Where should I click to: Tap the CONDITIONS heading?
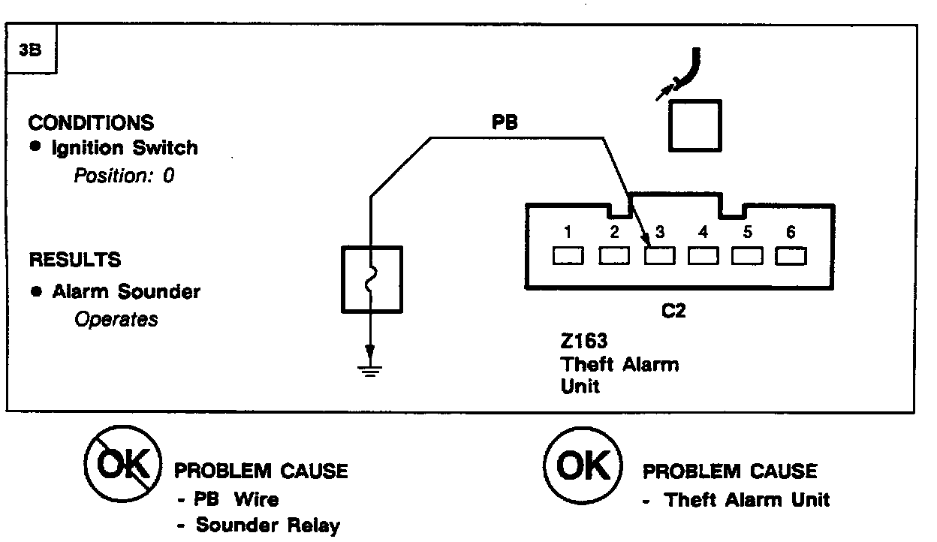tap(91, 122)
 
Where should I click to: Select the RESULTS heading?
tap(75, 260)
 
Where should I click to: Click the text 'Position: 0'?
tap(124, 177)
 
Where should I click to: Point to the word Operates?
tap(116, 319)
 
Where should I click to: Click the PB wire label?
tap(505, 123)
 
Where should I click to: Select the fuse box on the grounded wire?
tap(372, 279)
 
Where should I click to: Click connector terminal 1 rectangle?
tap(568, 257)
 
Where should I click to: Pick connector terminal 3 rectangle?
tap(658, 257)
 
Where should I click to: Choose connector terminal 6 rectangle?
tap(791, 257)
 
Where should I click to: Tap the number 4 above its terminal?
tap(703, 233)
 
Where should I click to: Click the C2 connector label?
tap(673, 310)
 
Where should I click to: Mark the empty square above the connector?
tap(694, 126)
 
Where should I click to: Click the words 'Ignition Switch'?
tap(125, 148)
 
